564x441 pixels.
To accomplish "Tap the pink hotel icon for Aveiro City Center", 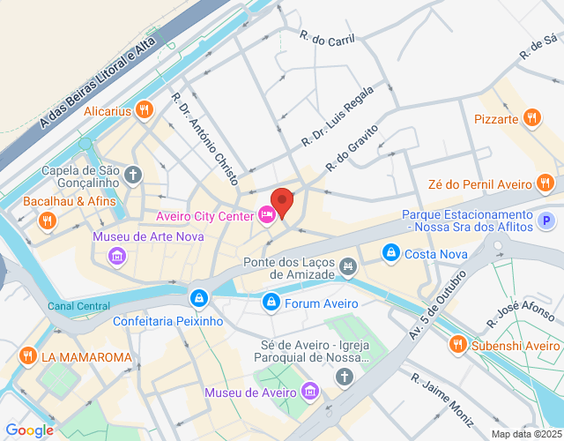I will (265, 214).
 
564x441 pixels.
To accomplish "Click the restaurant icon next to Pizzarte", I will (531, 117).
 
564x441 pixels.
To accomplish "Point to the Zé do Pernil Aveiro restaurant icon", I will (545, 183).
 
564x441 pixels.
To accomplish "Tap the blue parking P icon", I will (547, 220).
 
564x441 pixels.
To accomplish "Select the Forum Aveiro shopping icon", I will (271, 303).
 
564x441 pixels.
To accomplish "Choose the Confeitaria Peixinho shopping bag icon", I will (200, 297).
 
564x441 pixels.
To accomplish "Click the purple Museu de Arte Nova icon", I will (116, 256).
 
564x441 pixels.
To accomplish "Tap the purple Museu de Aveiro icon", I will (309, 391).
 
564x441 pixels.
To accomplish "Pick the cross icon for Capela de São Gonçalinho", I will (133, 175).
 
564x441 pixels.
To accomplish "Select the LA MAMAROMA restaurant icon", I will (27, 356).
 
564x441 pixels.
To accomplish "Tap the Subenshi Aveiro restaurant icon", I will (456, 344).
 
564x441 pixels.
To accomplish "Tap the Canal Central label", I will (79, 306).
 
